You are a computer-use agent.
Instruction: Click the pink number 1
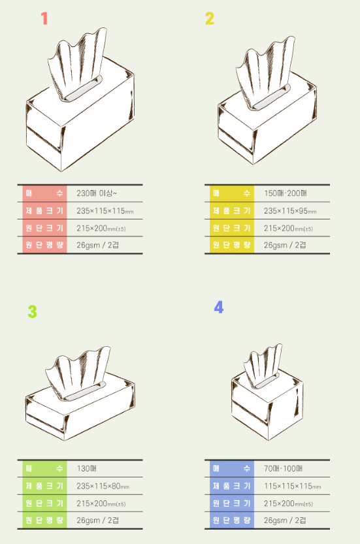(44, 18)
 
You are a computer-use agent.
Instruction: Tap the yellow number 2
(210, 18)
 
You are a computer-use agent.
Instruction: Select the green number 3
(32, 312)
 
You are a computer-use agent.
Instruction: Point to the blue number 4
(219, 308)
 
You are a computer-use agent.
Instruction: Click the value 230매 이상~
(97, 193)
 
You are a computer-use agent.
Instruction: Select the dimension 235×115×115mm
(105, 210)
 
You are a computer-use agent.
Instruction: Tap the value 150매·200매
(286, 193)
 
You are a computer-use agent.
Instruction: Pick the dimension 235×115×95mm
(290, 210)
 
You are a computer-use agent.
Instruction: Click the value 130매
(86, 468)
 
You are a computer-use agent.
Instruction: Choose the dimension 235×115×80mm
(103, 486)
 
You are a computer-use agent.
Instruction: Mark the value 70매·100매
(283, 468)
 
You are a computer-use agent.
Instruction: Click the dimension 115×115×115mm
(292, 486)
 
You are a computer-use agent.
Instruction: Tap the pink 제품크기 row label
(44, 210)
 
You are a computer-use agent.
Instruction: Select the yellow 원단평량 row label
(231, 245)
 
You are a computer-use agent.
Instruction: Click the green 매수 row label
(44, 468)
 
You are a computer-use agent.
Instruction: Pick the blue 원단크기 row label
(231, 503)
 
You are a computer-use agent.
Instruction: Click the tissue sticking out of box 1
(77, 63)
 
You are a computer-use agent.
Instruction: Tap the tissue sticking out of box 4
(263, 364)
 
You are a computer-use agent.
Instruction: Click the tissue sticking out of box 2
(265, 71)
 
